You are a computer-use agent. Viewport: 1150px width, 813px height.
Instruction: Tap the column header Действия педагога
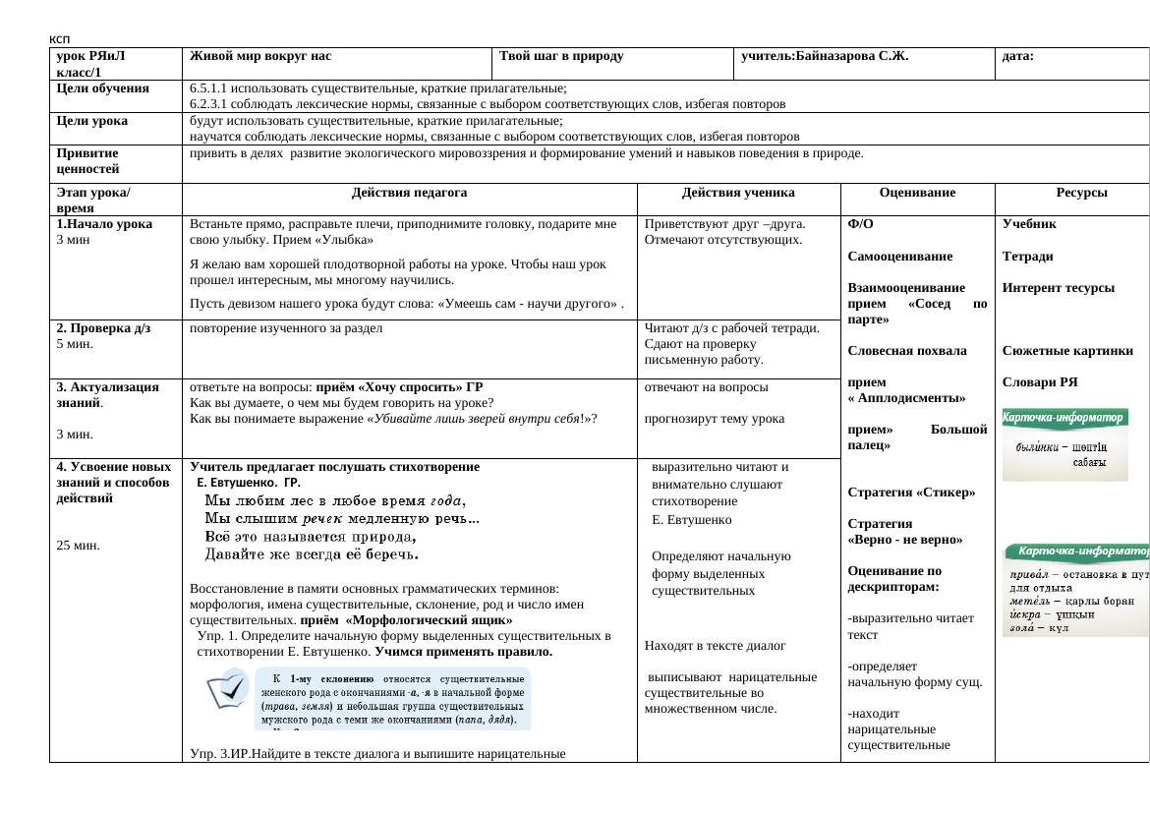click(x=409, y=194)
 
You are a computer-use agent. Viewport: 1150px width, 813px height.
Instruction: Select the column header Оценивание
click(x=917, y=194)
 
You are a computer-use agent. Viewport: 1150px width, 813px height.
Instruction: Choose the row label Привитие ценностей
click(x=90, y=161)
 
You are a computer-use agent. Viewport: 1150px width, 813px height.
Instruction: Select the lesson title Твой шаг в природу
click(x=561, y=56)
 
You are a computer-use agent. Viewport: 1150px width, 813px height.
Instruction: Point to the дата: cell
click(x=1017, y=56)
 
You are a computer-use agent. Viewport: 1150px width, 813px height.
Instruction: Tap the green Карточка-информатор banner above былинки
click(x=1064, y=418)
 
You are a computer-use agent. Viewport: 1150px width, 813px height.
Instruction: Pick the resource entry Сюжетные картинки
click(x=1067, y=351)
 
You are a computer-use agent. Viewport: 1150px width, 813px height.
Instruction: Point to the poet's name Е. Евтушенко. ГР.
click(x=249, y=483)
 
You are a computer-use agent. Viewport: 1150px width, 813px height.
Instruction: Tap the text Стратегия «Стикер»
click(x=910, y=493)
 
